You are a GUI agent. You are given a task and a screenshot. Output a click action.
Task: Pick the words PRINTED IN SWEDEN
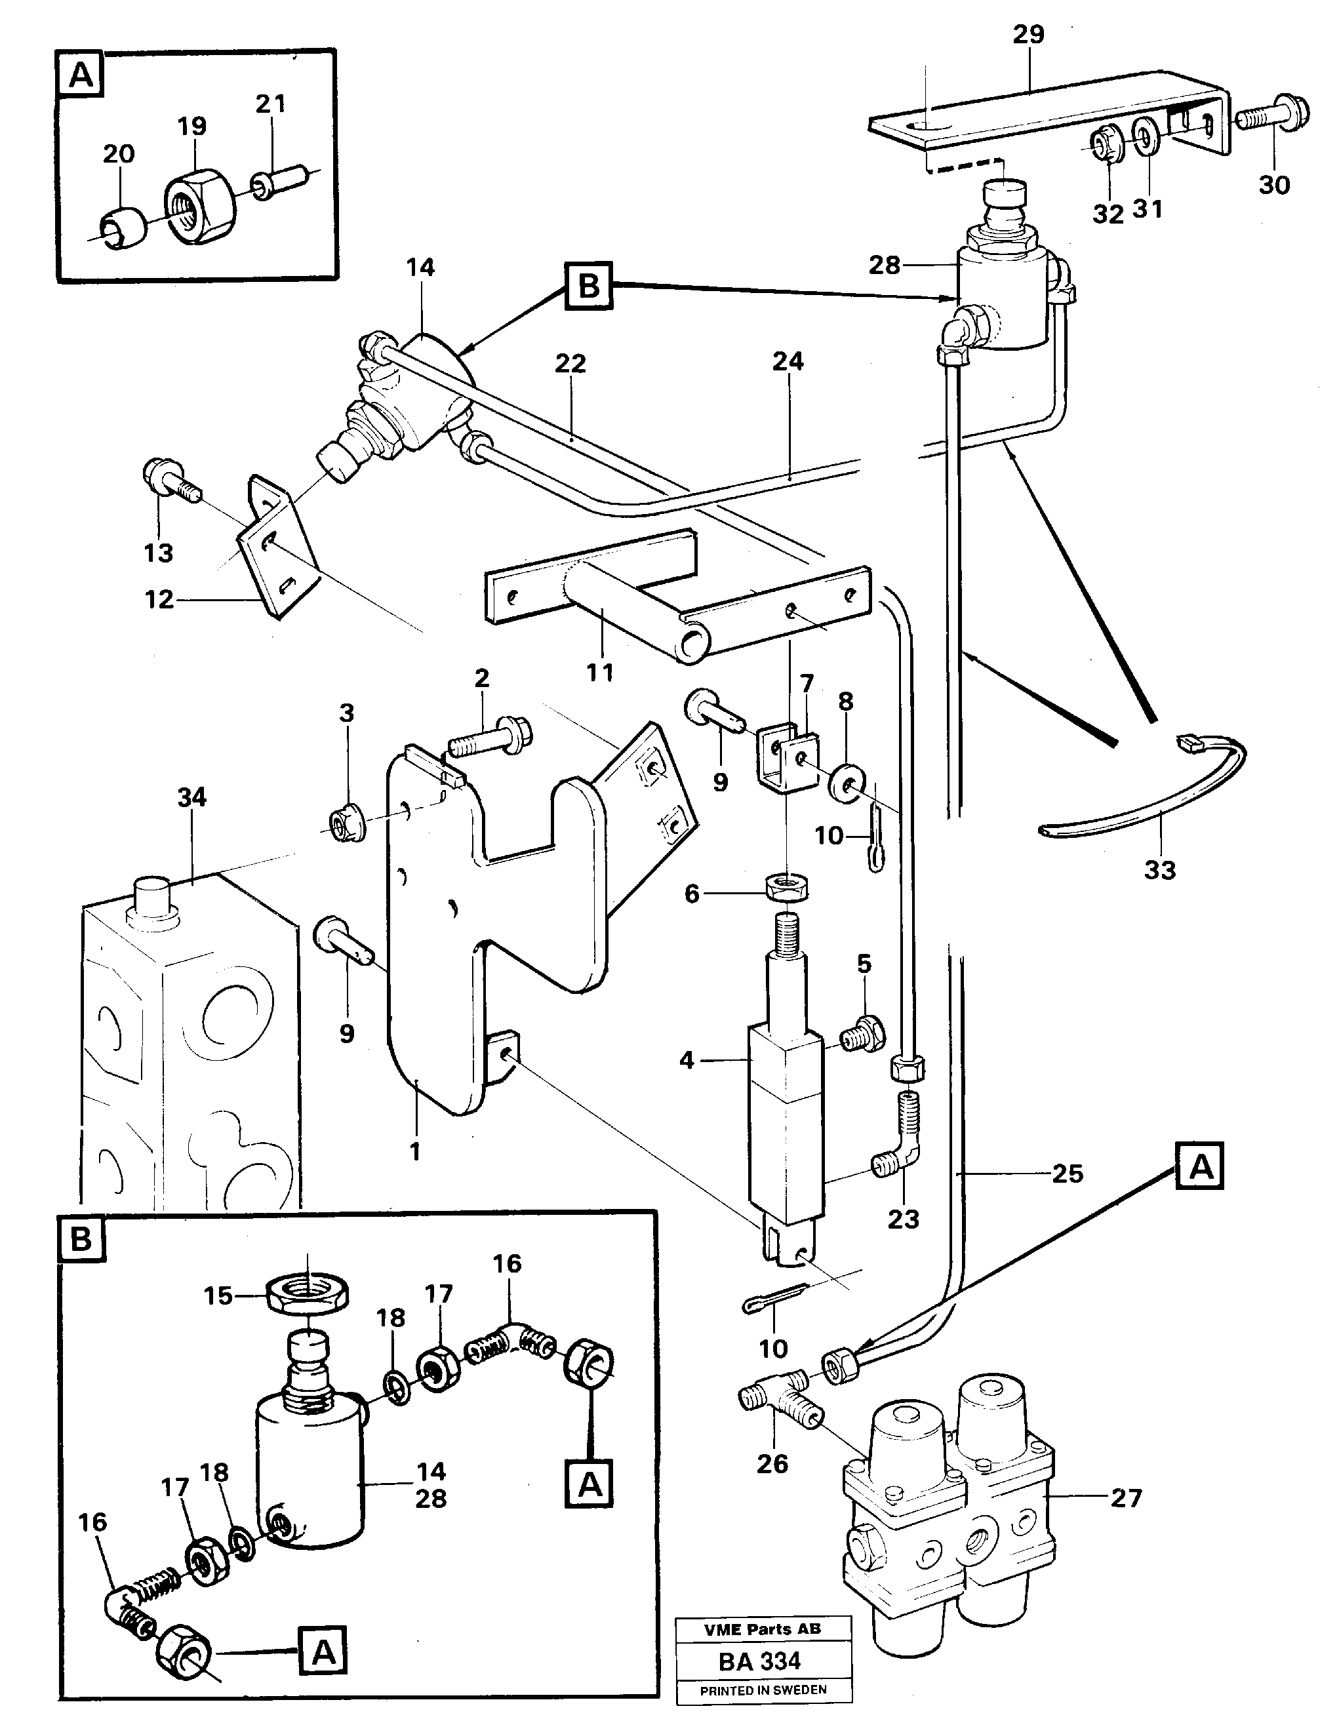(763, 1690)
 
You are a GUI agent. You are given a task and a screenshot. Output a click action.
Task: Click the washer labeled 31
(1148, 136)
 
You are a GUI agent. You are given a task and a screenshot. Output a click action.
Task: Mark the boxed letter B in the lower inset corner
(81, 1240)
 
